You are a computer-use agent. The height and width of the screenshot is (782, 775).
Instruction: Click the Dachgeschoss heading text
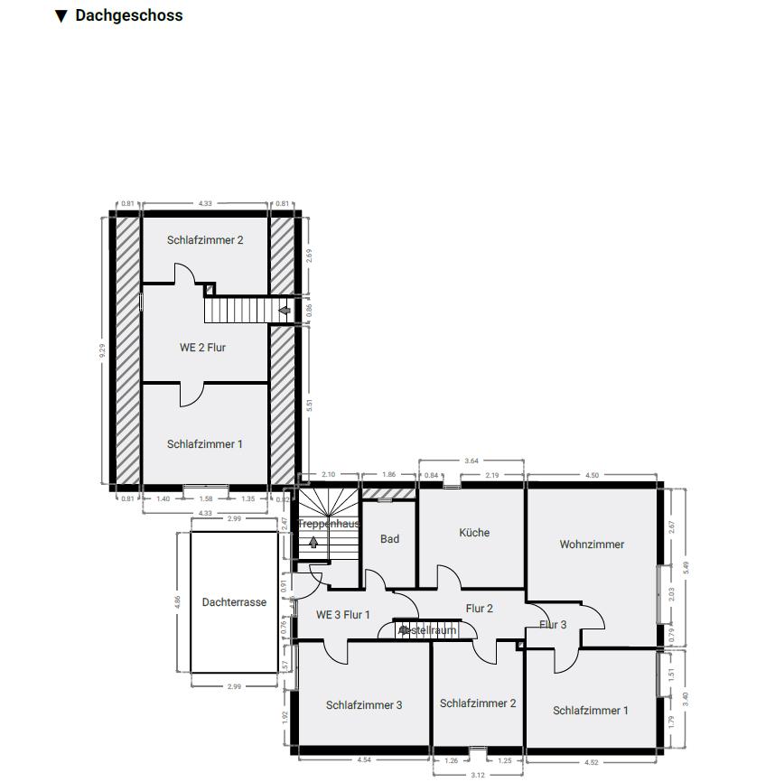(x=128, y=15)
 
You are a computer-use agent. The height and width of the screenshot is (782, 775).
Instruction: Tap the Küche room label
(x=474, y=533)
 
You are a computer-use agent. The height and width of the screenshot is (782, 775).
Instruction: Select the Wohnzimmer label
(x=592, y=545)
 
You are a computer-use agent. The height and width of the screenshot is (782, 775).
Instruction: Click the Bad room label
(x=389, y=539)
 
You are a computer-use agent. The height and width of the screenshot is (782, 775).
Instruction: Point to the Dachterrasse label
(x=234, y=602)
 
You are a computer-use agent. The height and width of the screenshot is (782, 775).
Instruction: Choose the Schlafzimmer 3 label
(x=364, y=705)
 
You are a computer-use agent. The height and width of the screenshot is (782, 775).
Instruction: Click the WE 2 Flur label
(x=202, y=348)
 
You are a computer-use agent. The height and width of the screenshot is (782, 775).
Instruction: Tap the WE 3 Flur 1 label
(x=343, y=615)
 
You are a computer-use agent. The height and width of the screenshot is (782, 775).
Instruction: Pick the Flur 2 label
(x=480, y=609)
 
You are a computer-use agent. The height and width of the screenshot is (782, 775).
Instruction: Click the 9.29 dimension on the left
(x=103, y=350)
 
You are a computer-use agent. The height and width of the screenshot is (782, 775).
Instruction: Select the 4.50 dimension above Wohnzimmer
(x=593, y=475)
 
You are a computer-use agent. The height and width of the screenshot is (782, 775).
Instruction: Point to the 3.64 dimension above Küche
(x=472, y=461)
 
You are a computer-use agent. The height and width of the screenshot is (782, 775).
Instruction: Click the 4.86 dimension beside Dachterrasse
(x=178, y=602)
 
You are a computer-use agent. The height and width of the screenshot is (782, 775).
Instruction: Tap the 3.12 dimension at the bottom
(x=479, y=774)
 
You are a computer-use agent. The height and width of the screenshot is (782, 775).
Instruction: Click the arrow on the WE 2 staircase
(x=285, y=311)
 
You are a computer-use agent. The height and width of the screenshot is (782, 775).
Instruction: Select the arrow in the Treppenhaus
(x=313, y=542)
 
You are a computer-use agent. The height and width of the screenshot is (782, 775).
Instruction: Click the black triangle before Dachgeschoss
(x=61, y=15)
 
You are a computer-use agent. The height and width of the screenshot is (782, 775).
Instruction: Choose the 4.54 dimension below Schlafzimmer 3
(x=364, y=760)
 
